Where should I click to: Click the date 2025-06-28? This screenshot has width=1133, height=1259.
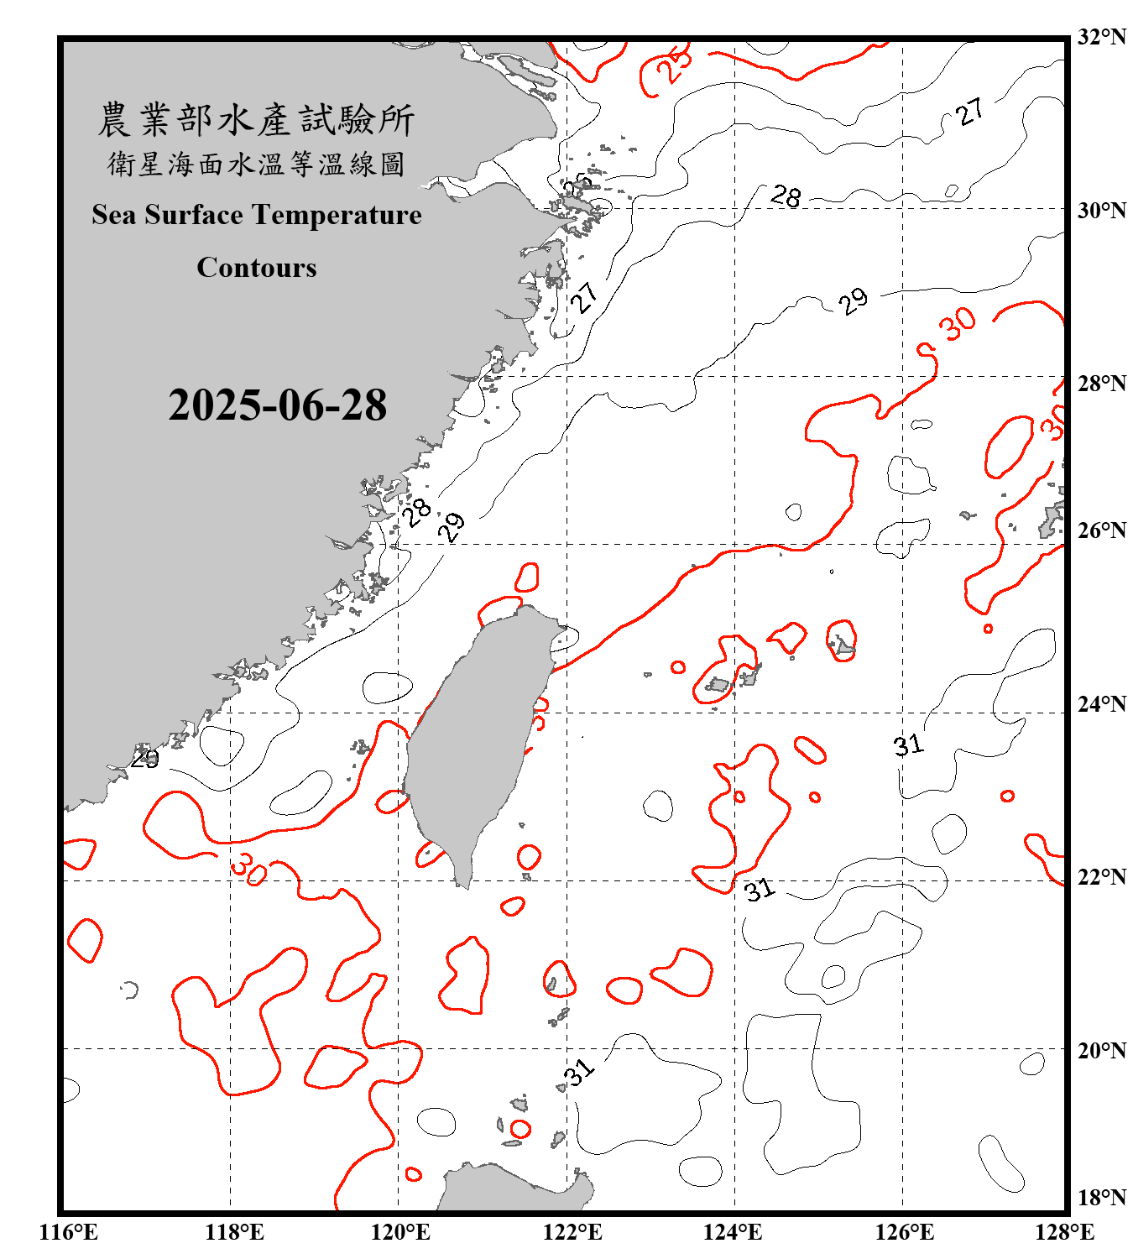click(x=277, y=405)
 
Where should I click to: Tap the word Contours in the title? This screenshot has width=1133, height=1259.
click(x=257, y=268)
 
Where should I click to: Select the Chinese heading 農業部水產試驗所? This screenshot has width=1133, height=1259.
click(x=256, y=120)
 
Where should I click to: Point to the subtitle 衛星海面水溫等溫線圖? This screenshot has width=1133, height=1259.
click(x=256, y=165)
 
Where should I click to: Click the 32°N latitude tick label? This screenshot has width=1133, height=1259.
click(x=1101, y=37)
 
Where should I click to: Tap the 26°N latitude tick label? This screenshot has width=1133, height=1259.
click(x=1101, y=530)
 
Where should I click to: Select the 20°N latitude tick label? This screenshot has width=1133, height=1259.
click(x=1101, y=1050)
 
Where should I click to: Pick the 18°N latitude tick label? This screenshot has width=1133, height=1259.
click(x=1101, y=1198)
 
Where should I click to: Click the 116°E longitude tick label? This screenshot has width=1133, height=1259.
click(x=69, y=1232)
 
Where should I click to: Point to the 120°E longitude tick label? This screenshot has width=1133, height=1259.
click(x=400, y=1232)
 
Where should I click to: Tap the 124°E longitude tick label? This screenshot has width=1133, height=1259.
click(x=733, y=1232)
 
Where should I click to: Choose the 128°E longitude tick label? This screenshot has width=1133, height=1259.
click(x=1064, y=1232)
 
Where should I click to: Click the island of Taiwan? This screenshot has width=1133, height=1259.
click(x=478, y=739)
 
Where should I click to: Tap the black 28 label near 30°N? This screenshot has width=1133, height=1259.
click(x=786, y=196)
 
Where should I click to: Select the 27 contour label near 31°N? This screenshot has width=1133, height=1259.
click(x=969, y=112)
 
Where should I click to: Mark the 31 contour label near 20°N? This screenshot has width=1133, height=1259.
click(x=579, y=1072)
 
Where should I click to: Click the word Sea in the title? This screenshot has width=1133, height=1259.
click(x=114, y=215)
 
